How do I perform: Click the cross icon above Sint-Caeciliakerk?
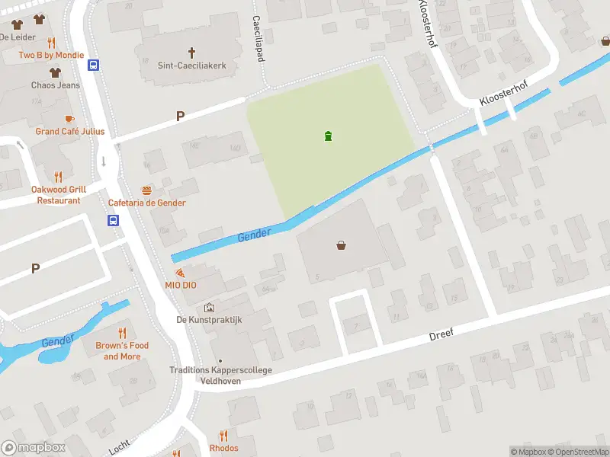(191, 53)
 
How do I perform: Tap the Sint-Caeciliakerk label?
(191, 66)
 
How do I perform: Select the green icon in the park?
(328, 136)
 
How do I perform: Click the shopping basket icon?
(341, 245)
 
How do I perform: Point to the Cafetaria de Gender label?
(147, 203)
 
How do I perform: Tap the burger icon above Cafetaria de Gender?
(146, 190)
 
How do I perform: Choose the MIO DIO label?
(181, 285)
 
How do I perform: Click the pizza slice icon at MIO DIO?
(179, 272)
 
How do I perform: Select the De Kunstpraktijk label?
(209, 320)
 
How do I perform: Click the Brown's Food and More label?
(122, 351)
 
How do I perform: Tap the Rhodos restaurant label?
(223, 449)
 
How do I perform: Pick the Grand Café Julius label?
(70, 131)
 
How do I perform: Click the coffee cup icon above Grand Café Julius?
(69, 119)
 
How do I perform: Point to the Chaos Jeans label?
(55, 85)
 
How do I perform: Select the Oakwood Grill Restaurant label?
(59, 195)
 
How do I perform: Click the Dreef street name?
(441, 335)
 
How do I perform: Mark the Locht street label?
(119, 446)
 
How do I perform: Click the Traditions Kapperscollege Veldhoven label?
(220, 376)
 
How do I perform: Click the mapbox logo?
(34, 448)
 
